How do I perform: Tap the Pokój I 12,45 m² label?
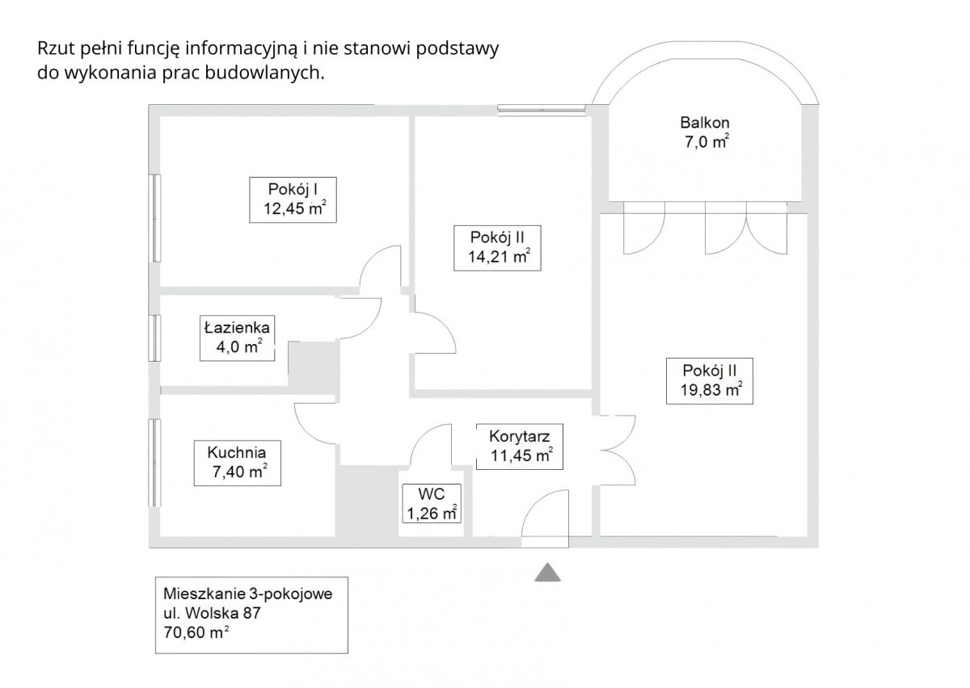coord(292,199)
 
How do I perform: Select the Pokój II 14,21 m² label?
coord(499,248)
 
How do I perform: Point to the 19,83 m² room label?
coord(706,380)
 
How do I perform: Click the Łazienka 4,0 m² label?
coord(238,338)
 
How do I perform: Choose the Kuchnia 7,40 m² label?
coord(235,462)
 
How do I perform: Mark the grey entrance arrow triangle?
coord(547,573)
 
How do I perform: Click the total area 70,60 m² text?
coord(195,633)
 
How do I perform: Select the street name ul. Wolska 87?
coord(212,612)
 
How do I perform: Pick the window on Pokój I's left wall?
coord(154,217)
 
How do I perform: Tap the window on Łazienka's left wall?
coord(154,338)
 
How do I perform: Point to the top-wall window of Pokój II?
coord(541,106)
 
